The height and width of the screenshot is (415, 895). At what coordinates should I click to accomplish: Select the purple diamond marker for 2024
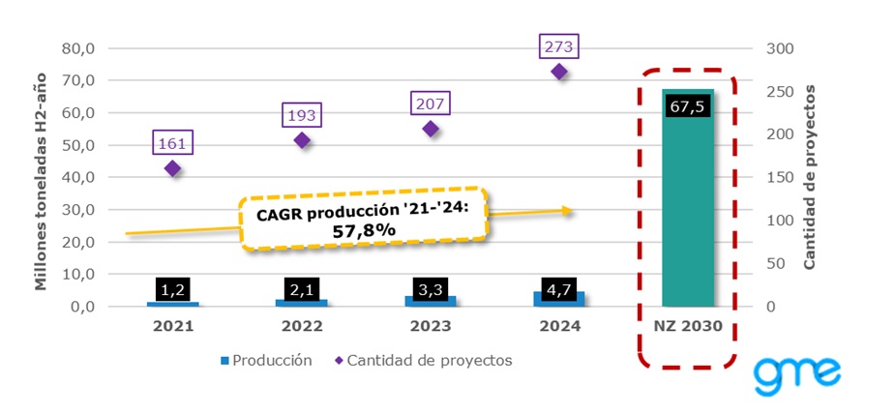pos(559,72)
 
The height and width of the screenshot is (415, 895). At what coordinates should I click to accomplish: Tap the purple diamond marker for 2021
pos(173,168)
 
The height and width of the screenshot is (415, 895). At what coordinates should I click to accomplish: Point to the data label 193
pos(302,114)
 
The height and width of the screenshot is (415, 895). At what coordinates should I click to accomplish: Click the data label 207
pos(431,103)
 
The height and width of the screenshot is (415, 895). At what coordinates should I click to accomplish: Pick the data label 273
pos(559,45)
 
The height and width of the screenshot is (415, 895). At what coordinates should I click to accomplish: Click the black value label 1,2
pos(173,288)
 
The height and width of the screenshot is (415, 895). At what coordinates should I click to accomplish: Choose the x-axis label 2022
pos(302,326)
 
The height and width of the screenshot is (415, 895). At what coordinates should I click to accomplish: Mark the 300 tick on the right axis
pos(777,48)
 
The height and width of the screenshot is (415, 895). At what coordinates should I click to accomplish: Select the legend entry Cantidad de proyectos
pos(422,360)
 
